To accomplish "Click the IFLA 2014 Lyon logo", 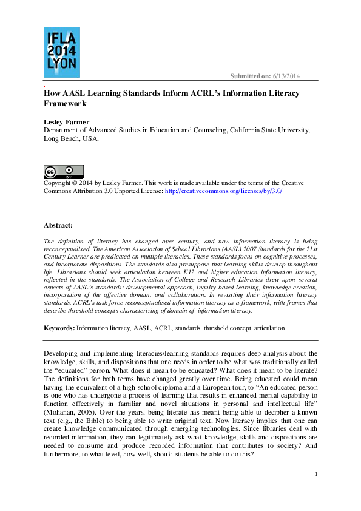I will [x=61, y=53].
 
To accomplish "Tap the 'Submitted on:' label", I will [x=250, y=76].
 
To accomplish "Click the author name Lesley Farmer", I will [x=67, y=122].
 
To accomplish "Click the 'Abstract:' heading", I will [x=58, y=225].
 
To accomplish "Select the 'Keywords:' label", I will [x=59, y=328].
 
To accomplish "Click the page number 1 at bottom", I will [x=316, y=473].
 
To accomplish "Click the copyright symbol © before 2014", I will [x=76, y=183].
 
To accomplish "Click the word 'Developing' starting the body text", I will [x=62, y=353].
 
